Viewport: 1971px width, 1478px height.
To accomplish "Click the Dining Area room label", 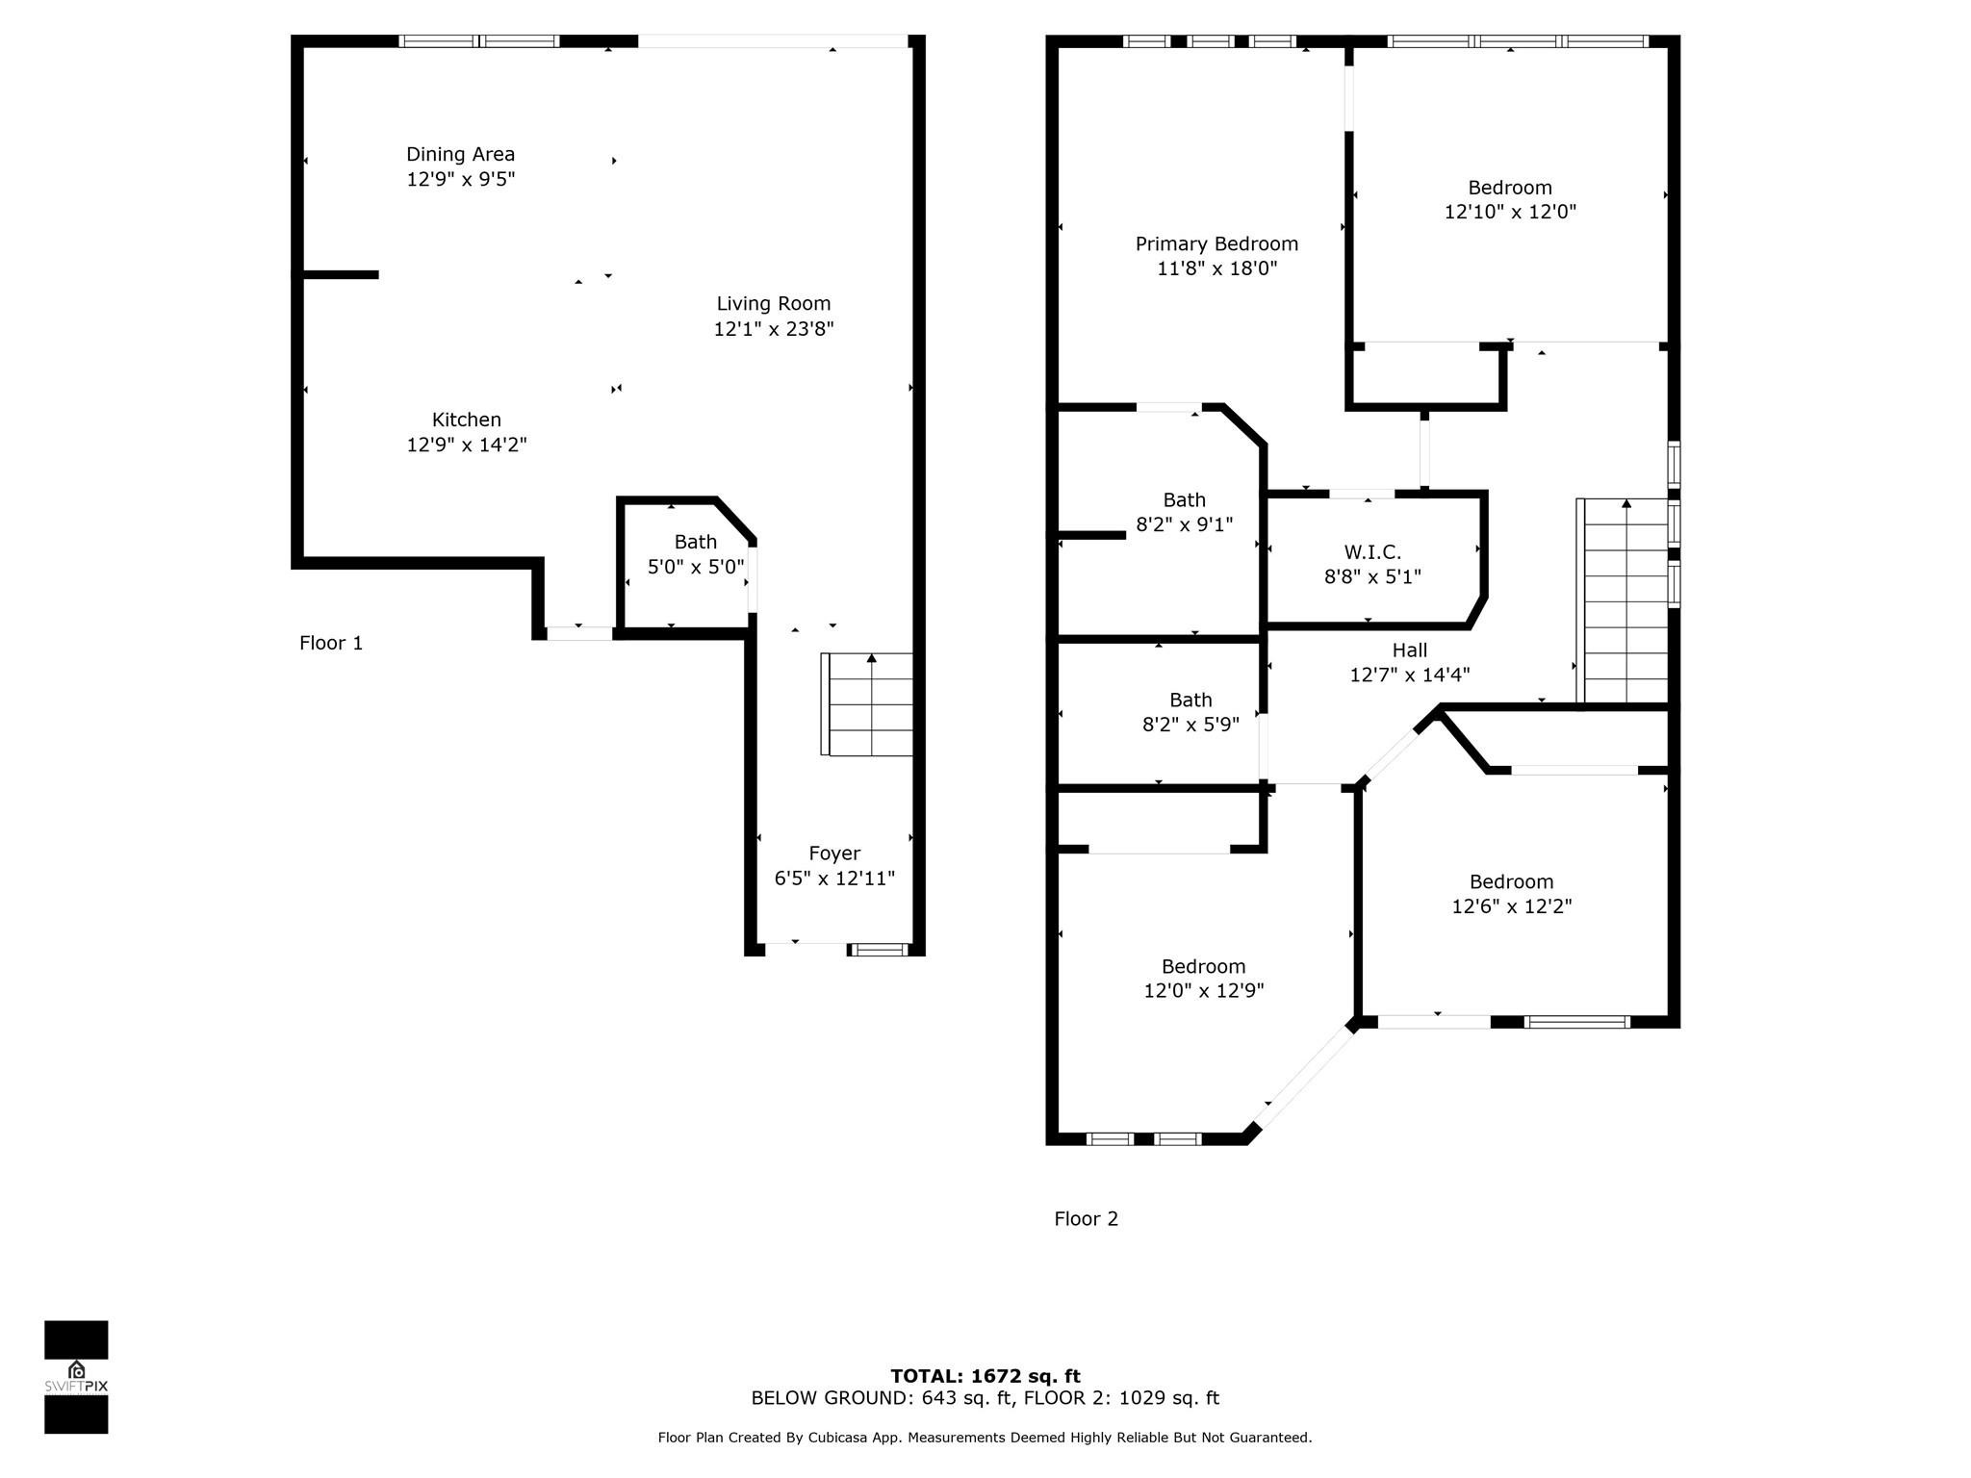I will pyautogui.click(x=460, y=154).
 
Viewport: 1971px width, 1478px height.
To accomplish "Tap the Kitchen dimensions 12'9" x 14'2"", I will pyautogui.click(x=467, y=445).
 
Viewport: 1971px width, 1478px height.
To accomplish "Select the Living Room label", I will pyautogui.click(x=773, y=304).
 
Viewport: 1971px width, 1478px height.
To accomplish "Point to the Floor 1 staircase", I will pyautogui.click(x=868, y=703).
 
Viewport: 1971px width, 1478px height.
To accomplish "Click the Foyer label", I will pyautogui.click(x=834, y=854).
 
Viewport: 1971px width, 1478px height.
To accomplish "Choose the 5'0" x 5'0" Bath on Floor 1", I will pyautogui.click(x=695, y=554).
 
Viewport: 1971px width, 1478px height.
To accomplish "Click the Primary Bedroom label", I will pyautogui.click(x=1216, y=244).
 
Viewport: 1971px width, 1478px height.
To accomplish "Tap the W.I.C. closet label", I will pyautogui.click(x=1372, y=552).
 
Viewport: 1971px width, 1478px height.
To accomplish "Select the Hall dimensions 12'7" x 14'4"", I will pyautogui.click(x=1409, y=675).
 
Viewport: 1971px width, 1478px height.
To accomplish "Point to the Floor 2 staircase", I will pyautogui.click(x=1625, y=601).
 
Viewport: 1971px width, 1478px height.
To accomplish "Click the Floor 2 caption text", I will pyautogui.click(x=1086, y=1219).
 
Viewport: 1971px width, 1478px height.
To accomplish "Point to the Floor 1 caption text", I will pyautogui.click(x=331, y=643).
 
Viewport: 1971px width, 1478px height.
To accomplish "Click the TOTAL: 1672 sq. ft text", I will pyautogui.click(x=985, y=1376).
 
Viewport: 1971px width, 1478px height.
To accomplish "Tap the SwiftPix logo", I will pyautogui.click(x=76, y=1377).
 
